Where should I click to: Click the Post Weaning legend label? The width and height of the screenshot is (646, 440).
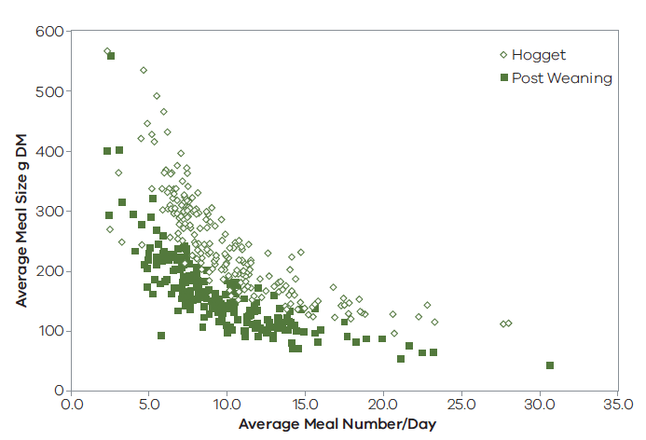tap(562, 78)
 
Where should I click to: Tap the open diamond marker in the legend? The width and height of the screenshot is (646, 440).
tap(504, 55)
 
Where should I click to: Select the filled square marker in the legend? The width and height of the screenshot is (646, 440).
tap(504, 78)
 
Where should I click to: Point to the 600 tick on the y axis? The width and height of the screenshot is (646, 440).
tap(48, 32)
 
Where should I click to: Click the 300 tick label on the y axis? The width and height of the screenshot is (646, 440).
tap(48, 212)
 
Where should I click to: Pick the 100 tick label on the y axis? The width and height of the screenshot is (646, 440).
tap(48, 331)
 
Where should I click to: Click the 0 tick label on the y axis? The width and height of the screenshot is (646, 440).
tap(57, 391)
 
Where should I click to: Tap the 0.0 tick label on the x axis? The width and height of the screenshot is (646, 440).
tap(72, 406)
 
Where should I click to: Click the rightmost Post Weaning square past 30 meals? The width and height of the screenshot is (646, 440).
tap(550, 365)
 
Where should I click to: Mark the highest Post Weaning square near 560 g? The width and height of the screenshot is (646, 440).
tap(111, 56)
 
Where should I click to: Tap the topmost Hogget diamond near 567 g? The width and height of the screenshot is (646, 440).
tap(107, 51)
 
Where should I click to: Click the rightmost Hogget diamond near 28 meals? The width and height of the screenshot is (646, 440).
tap(509, 323)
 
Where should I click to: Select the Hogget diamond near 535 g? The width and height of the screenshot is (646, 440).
tap(144, 70)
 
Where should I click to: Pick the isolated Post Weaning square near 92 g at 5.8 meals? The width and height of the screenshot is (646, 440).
tap(161, 336)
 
